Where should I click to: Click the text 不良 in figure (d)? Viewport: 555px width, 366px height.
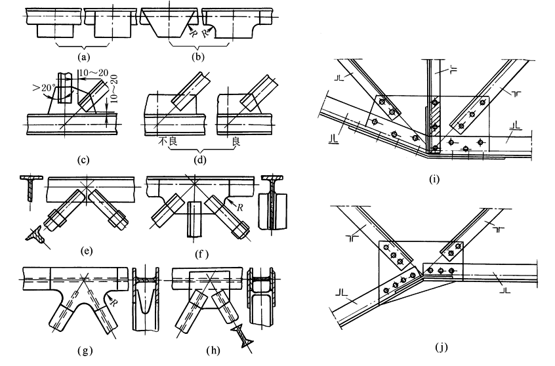(x=165, y=140)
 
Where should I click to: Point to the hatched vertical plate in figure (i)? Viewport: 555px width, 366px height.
(x=434, y=118)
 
